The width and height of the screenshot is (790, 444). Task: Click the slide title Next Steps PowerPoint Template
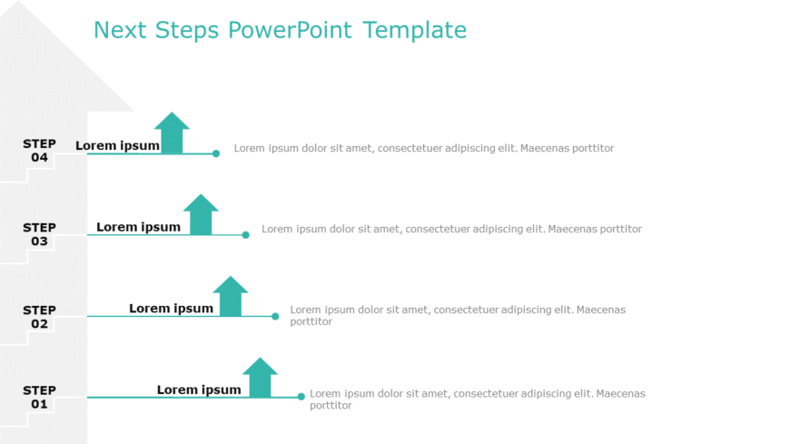pos(280,30)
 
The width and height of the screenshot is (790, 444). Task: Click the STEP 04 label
pos(39,150)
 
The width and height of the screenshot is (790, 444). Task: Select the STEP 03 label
pos(39,234)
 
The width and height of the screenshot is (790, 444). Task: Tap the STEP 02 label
pos(39,317)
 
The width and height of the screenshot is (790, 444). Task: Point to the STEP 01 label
pos(39,397)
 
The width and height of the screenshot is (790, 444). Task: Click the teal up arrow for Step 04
pos(172,133)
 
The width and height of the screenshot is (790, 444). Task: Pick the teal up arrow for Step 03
pos(201,214)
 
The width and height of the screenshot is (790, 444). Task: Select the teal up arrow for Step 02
pos(231,296)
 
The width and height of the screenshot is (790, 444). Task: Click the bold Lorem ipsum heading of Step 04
pos(117,145)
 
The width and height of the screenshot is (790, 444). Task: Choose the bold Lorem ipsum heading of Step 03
pos(138,227)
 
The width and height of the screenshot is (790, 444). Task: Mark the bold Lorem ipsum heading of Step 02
pos(171,309)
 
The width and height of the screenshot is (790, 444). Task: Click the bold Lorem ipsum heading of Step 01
pos(199,390)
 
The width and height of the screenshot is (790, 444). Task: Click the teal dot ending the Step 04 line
pos(216,153)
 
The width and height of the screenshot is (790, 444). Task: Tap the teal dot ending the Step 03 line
pos(245,235)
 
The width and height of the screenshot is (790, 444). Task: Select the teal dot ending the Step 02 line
pos(275,316)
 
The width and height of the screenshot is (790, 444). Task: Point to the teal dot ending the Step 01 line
pos(301,397)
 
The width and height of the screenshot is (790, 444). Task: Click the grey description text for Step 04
pos(423,148)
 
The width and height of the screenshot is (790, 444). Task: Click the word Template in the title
pos(414,30)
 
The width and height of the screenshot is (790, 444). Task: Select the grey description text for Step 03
pos(451,229)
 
